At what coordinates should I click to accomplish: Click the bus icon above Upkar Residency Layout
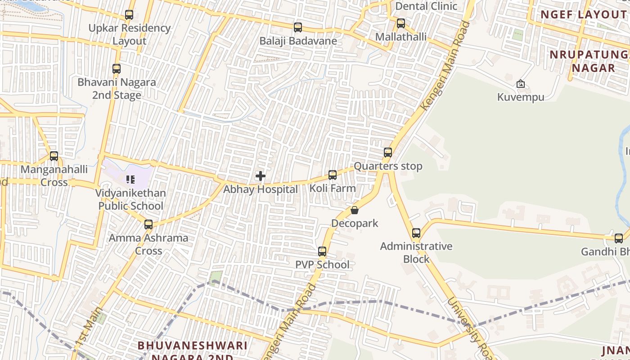coord(129,15)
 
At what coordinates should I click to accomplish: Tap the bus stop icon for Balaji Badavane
coord(298,27)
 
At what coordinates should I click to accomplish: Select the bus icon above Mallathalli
coord(401,23)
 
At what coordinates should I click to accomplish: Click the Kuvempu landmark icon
coord(521,84)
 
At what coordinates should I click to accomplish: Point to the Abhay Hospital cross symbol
coord(261,176)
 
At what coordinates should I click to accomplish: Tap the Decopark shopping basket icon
coord(355,210)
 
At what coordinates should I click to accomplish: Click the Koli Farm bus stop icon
coord(333,175)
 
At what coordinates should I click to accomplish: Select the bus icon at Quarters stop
coord(388,153)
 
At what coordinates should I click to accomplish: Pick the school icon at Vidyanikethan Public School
coord(130,180)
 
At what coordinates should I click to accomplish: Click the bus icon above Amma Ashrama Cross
coord(148,225)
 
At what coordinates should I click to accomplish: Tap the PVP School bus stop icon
coord(322,252)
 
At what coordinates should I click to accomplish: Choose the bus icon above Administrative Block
coord(416,233)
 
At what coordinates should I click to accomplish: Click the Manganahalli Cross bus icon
coord(54,156)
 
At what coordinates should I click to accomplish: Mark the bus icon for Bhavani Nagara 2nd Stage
coord(117,69)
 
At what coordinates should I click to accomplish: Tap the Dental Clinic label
coord(426,6)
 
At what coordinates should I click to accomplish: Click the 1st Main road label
coord(88,327)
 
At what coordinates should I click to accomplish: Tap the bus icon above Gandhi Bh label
coord(619,238)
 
